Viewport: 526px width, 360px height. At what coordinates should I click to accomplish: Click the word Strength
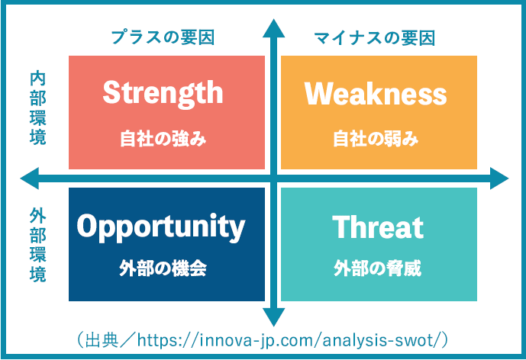tap(163, 93)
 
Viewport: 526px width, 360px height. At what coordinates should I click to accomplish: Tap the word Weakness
tap(376, 94)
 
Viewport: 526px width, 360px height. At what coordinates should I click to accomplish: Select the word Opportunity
tap(161, 226)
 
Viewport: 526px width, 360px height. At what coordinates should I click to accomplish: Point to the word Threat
tap(377, 227)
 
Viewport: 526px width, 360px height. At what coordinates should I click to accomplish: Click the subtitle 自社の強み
tap(163, 139)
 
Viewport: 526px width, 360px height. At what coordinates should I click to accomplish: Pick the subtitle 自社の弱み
tap(376, 139)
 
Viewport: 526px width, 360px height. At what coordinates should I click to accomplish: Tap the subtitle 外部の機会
tap(163, 268)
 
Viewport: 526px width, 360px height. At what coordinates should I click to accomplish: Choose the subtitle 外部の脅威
tap(377, 268)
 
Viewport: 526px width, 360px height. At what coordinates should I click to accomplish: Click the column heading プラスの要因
tap(162, 37)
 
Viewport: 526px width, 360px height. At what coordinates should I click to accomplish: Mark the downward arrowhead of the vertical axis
tap(273, 316)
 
